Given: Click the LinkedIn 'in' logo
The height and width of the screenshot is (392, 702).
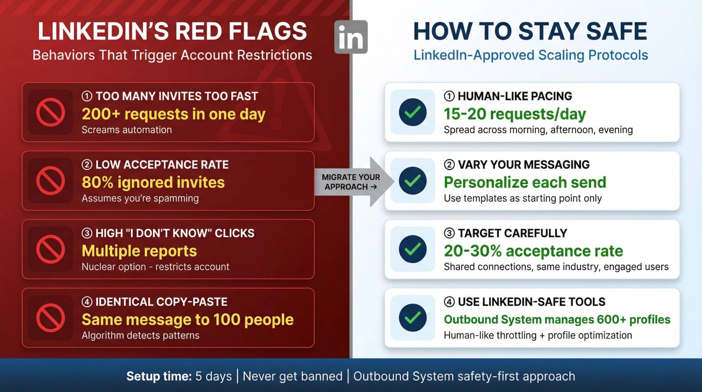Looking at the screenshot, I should coord(351,37).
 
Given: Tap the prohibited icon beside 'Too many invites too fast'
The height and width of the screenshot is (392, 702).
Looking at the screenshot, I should coord(51,112).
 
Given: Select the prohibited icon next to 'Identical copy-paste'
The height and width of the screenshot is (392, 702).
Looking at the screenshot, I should coord(51,318).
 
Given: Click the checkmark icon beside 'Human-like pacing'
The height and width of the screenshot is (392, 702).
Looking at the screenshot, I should coord(413,112).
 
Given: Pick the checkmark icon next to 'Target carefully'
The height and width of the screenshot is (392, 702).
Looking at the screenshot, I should coord(413,249).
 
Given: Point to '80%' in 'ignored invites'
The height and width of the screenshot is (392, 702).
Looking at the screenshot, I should coord(97,183).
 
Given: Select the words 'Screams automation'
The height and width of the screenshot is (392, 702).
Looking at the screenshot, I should coord(127,130).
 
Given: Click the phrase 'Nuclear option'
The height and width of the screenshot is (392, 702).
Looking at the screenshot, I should coord(113,267).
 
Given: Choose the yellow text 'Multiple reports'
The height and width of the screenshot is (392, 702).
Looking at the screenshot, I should coord(139,251).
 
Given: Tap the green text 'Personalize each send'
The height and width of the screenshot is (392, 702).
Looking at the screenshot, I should coord(525,183).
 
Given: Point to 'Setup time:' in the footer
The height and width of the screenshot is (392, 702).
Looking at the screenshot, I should coord(159,376).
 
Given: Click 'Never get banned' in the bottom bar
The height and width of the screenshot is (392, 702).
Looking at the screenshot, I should coord(292,376).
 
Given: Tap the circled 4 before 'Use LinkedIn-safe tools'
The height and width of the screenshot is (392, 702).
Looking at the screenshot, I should coord(449,302).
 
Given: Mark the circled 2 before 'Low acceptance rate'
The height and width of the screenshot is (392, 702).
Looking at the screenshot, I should coord(87,165).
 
